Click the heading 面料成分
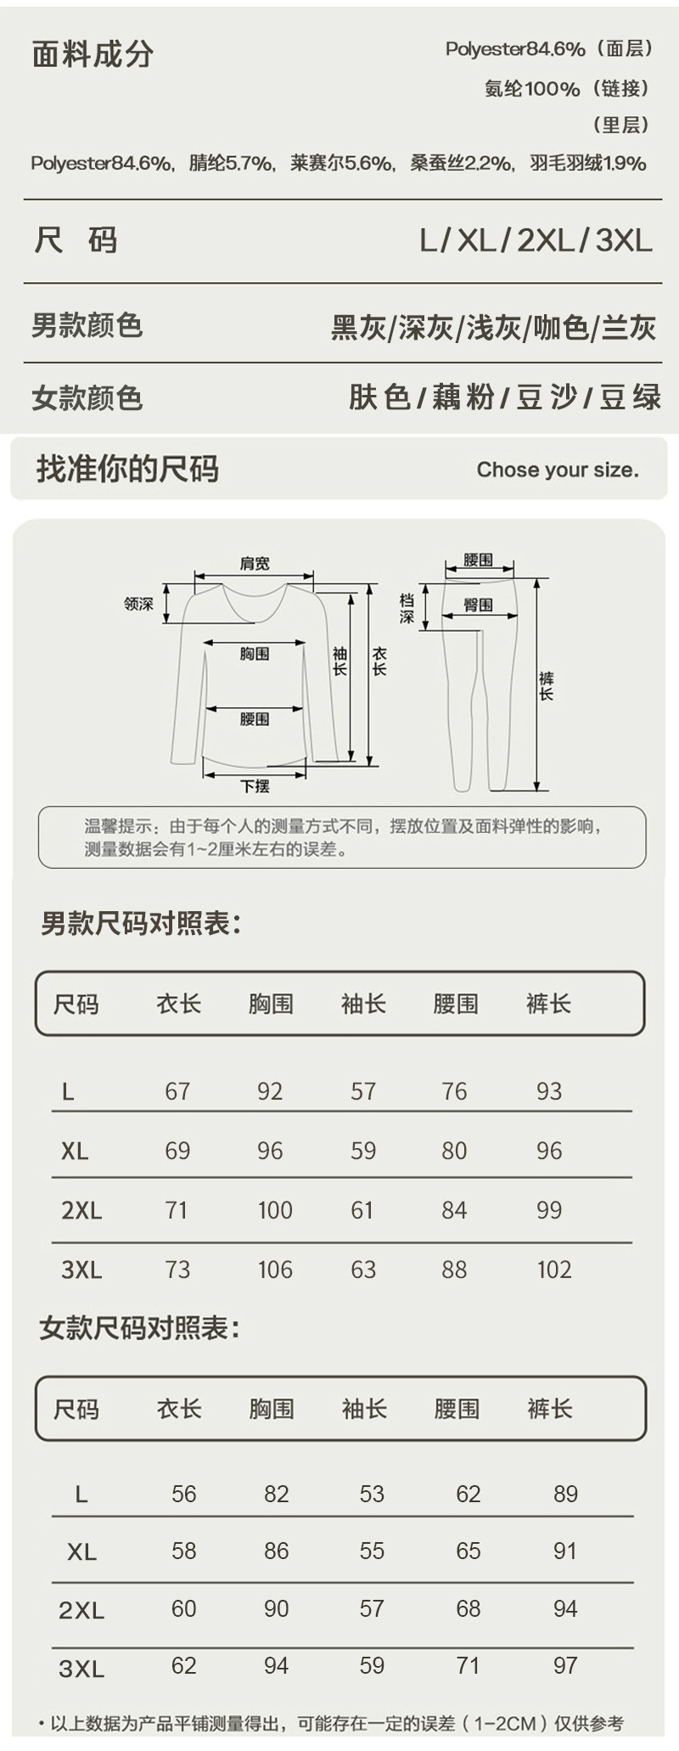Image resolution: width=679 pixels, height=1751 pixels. tap(93, 54)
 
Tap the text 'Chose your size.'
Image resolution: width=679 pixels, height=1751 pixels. tap(557, 470)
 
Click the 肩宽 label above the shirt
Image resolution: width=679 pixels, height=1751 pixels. tap(255, 564)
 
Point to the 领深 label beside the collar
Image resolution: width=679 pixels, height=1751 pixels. tap(138, 604)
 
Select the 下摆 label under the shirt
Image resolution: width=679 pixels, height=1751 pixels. tap(255, 786)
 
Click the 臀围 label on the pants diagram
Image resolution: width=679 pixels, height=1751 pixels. tap(478, 605)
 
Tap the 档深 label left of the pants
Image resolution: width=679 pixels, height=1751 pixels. tap(407, 608)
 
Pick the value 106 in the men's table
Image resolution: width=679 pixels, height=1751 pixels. tap(275, 1270)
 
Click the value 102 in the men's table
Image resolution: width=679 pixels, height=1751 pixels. tap(553, 1270)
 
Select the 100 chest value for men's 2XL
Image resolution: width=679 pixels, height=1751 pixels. tap(275, 1210)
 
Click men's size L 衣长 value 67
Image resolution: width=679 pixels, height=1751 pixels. tap(177, 1091)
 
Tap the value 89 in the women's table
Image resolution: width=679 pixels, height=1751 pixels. tap(565, 1494)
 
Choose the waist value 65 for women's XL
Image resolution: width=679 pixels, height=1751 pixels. tap(468, 1551)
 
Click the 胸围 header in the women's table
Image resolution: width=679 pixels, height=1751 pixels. tap(272, 1409)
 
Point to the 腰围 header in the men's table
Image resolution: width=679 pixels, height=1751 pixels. tap(456, 1004)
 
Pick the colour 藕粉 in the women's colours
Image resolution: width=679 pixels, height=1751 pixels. tap(463, 397)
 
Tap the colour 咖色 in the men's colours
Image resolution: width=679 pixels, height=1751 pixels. tap(560, 327)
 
